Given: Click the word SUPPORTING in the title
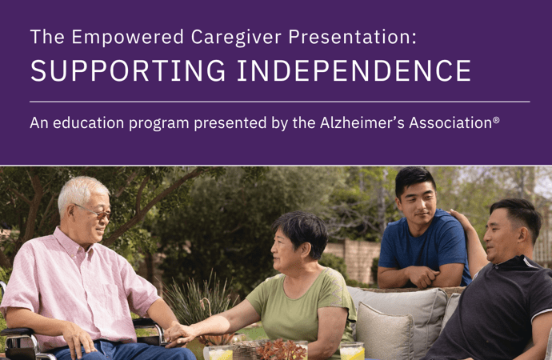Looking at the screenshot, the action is click(128, 70).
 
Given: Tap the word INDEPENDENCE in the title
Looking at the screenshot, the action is click(354, 70).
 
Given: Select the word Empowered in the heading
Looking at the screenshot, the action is click(128, 37).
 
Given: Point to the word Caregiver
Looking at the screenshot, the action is click(236, 38).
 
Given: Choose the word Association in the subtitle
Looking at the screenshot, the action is click(450, 123).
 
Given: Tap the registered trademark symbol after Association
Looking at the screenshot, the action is click(496, 120).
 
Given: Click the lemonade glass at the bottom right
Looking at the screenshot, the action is click(352, 351).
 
